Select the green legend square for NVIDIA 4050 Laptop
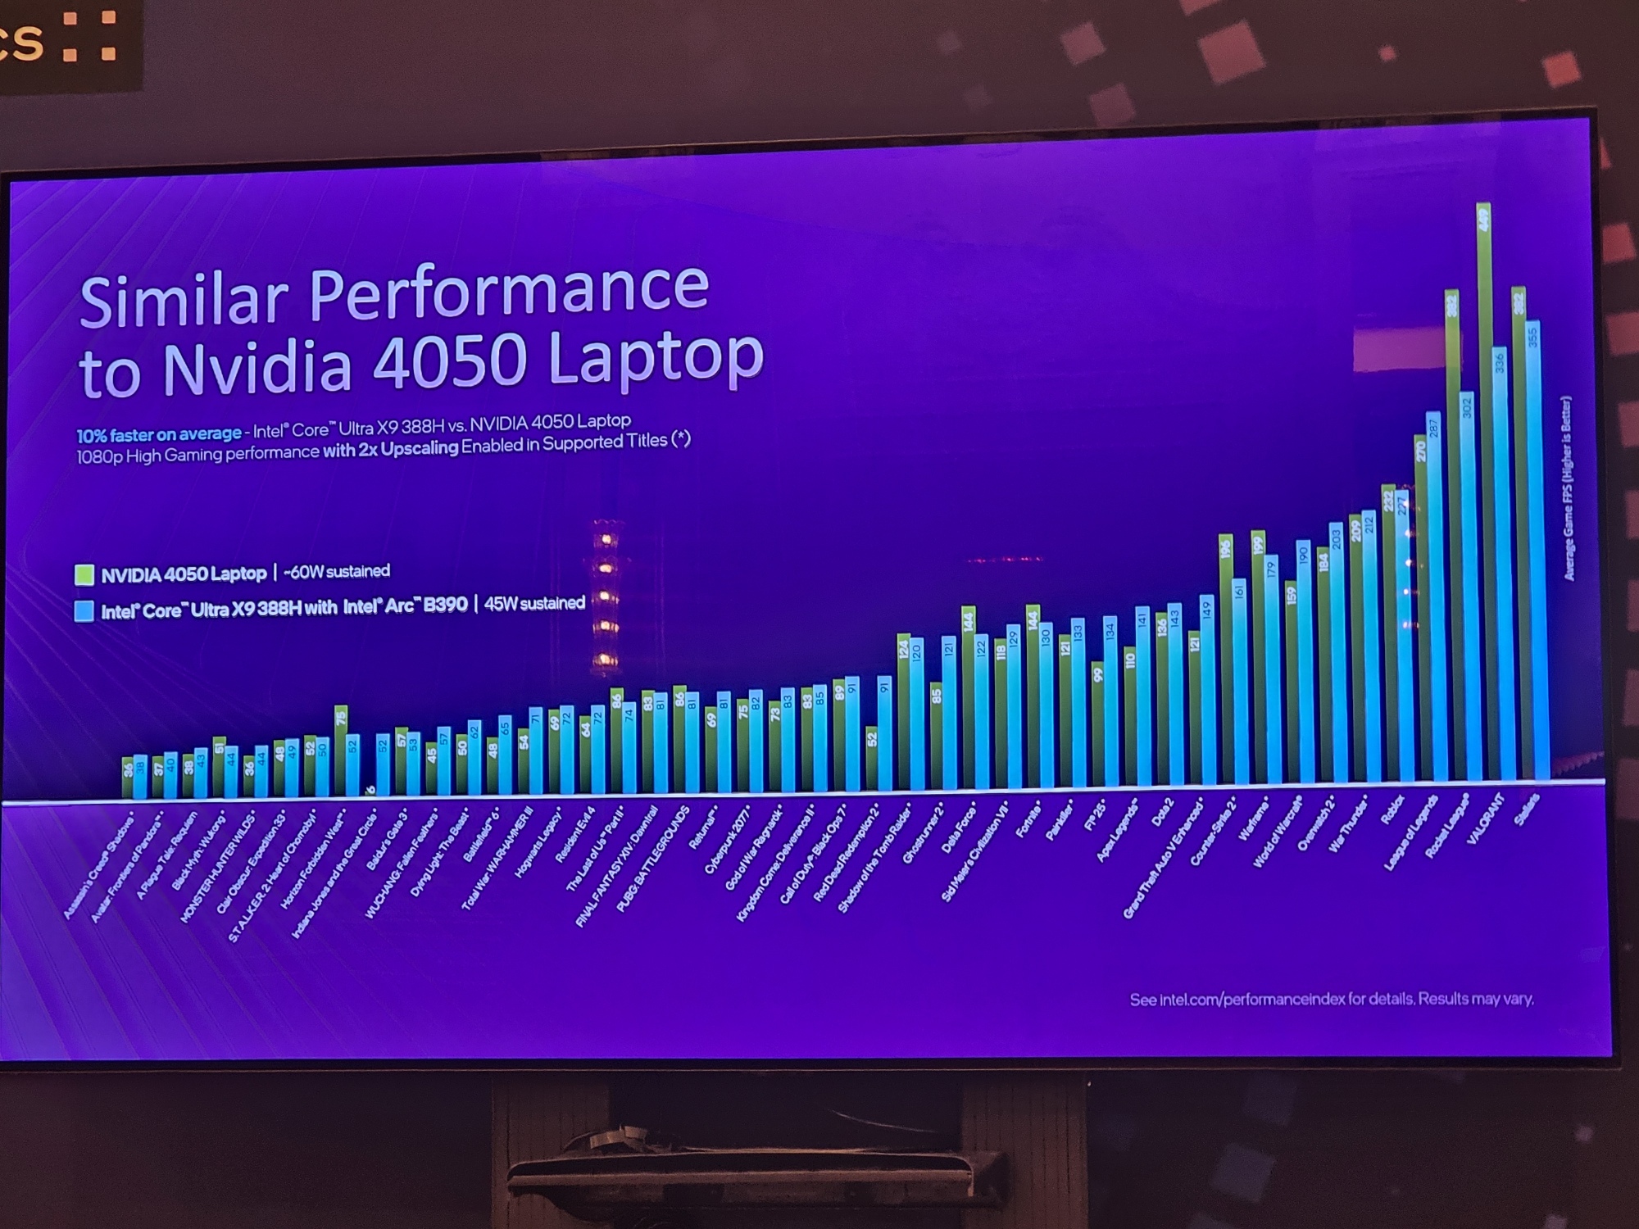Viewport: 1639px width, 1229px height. coord(84,574)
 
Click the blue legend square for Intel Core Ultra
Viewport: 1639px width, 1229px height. coord(84,611)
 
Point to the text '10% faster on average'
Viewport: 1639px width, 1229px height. coord(159,434)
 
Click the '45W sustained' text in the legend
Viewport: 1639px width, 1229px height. coord(534,604)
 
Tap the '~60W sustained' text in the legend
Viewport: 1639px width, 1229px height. coord(336,571)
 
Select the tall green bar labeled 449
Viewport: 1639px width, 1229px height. coord(1483,492)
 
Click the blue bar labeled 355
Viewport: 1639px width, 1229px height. coord(1532,549)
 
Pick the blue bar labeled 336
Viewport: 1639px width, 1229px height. coord(1500,565)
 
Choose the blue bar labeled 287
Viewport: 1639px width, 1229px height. coord(1433,598)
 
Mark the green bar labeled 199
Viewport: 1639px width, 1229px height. coord(1258,655)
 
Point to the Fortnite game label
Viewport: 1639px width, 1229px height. coord(1028,819)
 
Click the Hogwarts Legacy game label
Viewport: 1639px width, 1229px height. coord(537,844)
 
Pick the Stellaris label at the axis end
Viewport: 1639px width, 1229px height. coord(1526,810)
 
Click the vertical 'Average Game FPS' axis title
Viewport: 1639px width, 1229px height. coord(1569,488)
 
